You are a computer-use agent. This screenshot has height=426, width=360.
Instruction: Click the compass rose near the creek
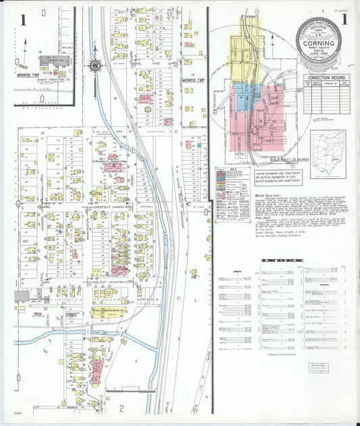tap(95, 65)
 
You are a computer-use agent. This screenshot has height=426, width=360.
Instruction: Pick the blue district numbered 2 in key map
tap(247, 99)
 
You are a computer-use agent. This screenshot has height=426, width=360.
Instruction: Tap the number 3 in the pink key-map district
tap(259, 120)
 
